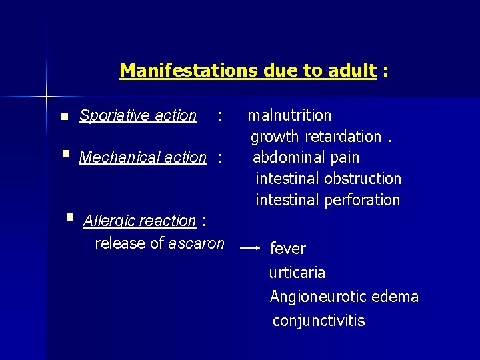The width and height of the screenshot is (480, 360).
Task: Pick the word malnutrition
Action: pyautogui.click(x=289, y=115)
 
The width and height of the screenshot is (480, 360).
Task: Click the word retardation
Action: pyautogui.click(x=343, y=137)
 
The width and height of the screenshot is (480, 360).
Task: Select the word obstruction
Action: pyautogui.click(x=364, y=179)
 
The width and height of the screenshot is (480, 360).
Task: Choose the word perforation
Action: pyautogui.click(x=364, y=200)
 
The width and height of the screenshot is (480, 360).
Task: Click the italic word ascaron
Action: pyautogui.click(x=196, y=243)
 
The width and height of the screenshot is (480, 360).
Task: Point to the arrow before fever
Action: pyautogui.click(x=250, y=248)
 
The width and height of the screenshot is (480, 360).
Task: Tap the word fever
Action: pyautogui.click(x=287, y=249)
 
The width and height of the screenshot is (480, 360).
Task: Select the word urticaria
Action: pyautogui.click(x=297, y=273)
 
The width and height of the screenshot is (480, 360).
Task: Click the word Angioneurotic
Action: pyautogui.click(x=314, y=297)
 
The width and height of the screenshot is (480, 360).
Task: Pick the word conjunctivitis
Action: pyautogui.click(x=319, y=321)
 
